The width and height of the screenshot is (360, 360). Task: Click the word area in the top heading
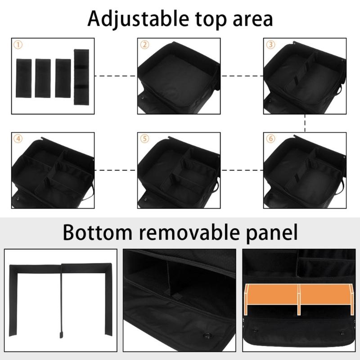pos(250,18)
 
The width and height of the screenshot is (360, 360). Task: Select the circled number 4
pos(18,139)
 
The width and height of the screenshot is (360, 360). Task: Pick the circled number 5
pos(144,139)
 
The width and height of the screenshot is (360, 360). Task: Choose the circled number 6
pos(270,139)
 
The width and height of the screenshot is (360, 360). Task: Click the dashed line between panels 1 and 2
pos(116,76)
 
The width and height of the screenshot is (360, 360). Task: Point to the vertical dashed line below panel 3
pos(306,123)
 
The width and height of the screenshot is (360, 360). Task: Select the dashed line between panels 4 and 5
pos(116,170)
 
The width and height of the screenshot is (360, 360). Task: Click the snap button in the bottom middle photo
pos(208,335)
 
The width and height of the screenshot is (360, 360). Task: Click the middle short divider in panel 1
pos(43,77)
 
